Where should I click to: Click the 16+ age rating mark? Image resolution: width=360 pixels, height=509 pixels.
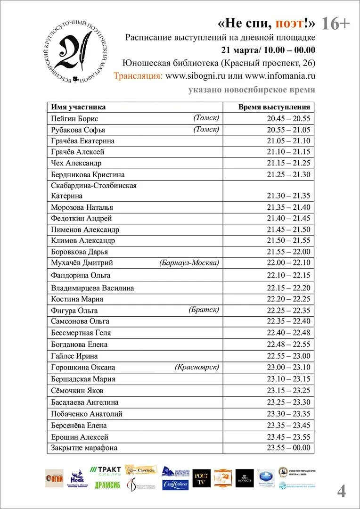335,24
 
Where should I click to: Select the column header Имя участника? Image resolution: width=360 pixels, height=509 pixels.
78,107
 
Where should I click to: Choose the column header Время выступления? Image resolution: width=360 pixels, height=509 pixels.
274,107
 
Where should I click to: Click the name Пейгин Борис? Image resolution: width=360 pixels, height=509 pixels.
74,119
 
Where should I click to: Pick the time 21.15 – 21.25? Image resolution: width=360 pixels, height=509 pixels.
288,163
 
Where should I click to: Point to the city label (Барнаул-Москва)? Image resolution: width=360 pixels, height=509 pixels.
189,263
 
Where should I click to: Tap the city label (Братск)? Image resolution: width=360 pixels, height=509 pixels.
204,310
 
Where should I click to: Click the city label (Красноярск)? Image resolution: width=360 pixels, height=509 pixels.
196,367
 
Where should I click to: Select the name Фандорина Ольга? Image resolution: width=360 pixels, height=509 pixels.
81,275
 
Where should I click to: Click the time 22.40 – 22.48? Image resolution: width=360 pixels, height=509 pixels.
288,333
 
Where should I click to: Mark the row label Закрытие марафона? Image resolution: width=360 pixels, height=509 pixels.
84,448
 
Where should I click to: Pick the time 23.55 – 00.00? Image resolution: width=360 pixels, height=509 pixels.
288,448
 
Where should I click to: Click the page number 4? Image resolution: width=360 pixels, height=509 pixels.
341,491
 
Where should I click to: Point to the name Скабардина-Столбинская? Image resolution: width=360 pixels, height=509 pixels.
94,186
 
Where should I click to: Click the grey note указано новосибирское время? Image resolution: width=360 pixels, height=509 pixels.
252,90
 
